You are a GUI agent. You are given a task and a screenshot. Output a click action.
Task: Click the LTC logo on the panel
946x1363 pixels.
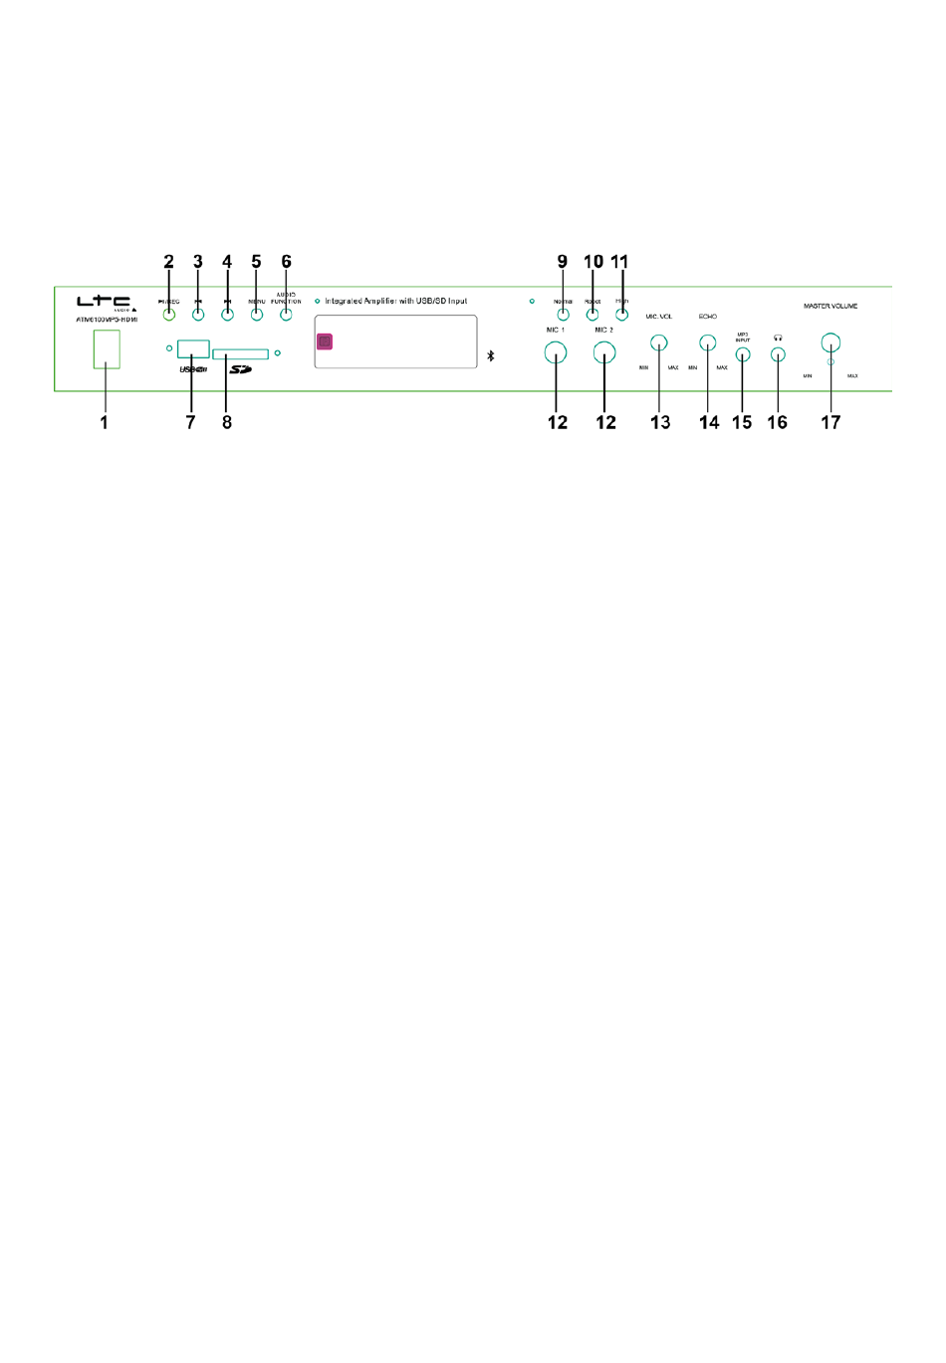[x=104, y=302]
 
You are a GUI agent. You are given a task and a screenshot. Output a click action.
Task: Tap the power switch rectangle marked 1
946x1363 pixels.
[x=107, y=349]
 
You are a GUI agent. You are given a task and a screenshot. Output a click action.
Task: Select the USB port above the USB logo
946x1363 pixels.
[x=193, y=348]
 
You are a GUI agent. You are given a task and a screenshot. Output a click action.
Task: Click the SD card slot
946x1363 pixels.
[x=240, y=353]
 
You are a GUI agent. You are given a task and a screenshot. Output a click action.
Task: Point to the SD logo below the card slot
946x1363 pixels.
[x=240, y=369]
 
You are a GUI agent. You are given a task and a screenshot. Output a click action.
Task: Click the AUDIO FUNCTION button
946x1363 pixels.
[x=286, y=314]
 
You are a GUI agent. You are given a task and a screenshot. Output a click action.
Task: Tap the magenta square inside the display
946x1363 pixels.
[x=325, y=341]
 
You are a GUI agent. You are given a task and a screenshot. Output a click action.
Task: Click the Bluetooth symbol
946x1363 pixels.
[x=491, y=355]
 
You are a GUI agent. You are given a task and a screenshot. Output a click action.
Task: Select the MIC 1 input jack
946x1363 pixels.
[x=556, y=351]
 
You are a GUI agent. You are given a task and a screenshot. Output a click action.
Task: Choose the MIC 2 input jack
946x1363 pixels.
[x=604, y=351]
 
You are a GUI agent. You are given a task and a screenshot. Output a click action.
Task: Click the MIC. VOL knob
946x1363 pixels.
[x=659, y=343]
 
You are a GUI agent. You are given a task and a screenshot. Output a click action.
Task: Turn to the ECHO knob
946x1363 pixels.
[x=708, y=343]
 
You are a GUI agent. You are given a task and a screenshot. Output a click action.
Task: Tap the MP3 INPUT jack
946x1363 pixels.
[x=743, y=353]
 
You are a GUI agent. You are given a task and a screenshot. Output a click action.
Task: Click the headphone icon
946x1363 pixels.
[x=779, y=339]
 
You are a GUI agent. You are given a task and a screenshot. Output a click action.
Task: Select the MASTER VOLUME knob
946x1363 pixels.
[x=830, y=343]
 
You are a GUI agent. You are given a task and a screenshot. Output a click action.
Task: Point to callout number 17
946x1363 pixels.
[x=830, y=422]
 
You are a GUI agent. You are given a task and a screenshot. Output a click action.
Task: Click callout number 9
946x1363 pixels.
[x=563, y=262]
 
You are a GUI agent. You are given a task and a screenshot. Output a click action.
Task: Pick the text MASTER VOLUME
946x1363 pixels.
[x=830, y=306]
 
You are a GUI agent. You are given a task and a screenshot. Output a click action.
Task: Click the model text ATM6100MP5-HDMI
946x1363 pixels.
[x=107, y=320]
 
